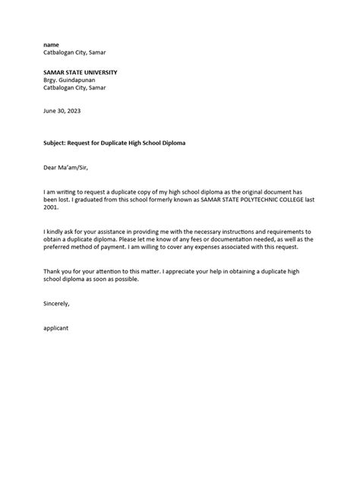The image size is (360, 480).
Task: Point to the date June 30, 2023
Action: pyautogui.click(x=62, y=111)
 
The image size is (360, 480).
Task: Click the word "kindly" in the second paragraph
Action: pyautogui.click(x=61, y=229)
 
